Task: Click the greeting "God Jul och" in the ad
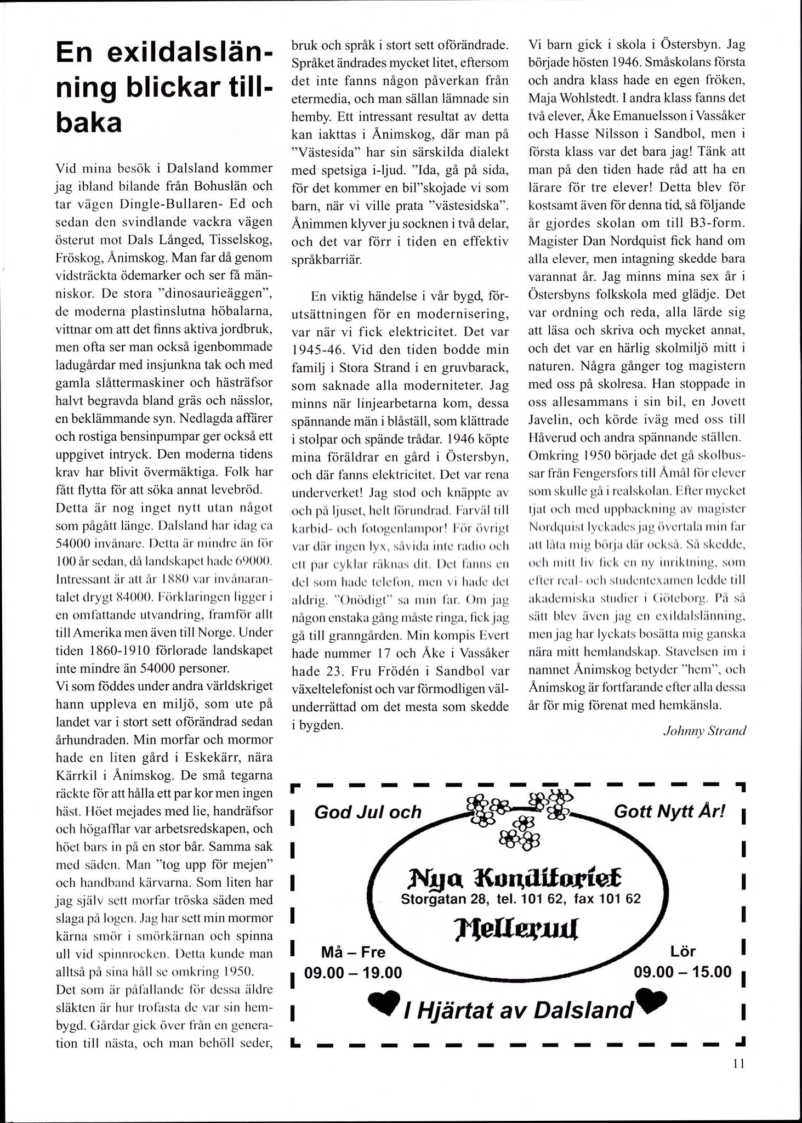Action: [368, 812]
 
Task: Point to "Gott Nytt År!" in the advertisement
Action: [669, 811]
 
